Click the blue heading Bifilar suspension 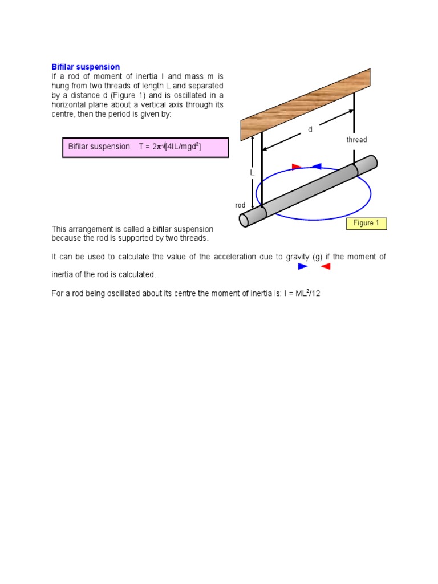click(86, 67)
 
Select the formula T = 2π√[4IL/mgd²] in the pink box click(170, 147)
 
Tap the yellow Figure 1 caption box click(366, 223)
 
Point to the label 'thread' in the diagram click(356, 140)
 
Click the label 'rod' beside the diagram click(240, 205)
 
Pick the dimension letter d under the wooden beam click(310, 129)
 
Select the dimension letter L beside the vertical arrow click(250, 172)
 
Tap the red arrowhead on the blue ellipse click(297, 167)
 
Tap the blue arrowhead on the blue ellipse click(317, 167)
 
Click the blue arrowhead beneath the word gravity click(303, 266)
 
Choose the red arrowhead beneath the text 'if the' click(326, 266)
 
